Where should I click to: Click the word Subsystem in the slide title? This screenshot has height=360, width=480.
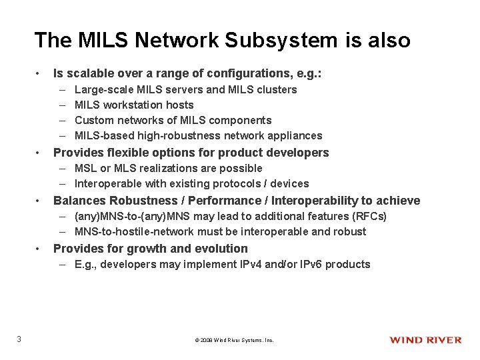(x=265, y=40)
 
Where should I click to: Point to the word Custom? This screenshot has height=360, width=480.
(x=94, y=120)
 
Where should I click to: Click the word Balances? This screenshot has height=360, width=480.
(x=79, y=201)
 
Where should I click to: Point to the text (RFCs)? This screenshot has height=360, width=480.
(x=371, y=216)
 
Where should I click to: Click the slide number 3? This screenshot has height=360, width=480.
(x=19, y=339)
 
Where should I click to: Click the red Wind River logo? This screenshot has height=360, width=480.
(x=425, y=340)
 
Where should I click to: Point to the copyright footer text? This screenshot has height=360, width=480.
(x=234, y=340)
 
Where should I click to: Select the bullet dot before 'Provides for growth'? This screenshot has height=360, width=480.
(x=41, y=249)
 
